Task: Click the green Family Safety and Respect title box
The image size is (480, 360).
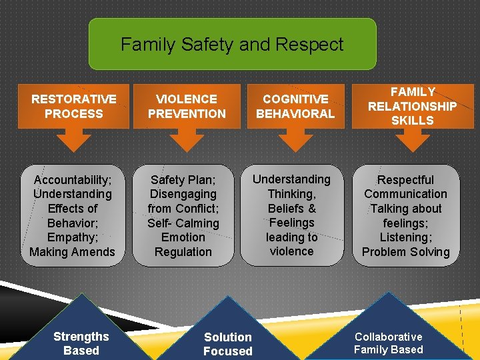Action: coord(232,44)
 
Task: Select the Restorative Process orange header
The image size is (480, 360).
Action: coord(73,106)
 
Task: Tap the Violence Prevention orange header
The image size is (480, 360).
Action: coord(187,106)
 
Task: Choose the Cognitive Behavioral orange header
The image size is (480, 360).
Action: coord(295,106)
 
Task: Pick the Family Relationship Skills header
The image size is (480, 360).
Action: coord(412,106)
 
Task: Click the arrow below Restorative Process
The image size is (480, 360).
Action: coord(73,139)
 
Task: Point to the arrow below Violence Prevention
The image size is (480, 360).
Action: coord(187,139)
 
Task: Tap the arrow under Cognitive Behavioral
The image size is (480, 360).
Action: coord(295,139)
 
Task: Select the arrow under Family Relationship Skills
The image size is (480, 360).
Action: coord(412,139)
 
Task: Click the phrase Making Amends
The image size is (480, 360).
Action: coord(73,252)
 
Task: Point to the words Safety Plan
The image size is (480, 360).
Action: coord(183,180)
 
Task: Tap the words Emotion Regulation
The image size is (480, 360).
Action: coord(183,245)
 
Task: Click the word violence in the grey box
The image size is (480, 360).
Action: coord(291,251)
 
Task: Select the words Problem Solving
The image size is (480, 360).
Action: coord(405,252)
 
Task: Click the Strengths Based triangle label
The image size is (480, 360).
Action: coord(81,343)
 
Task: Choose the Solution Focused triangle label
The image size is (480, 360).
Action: coord(228,344)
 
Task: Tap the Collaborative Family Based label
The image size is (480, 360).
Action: coord(388,343)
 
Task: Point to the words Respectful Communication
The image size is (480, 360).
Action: coord(405,187)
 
